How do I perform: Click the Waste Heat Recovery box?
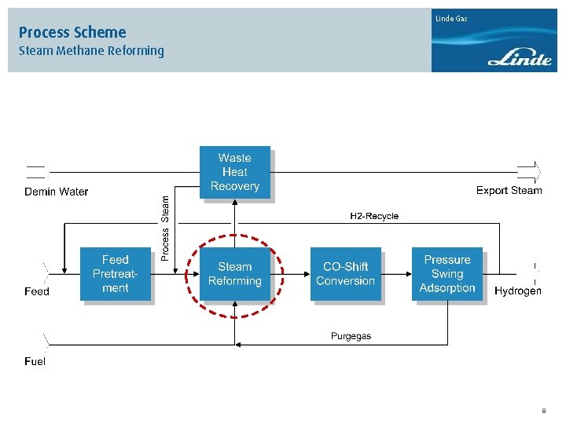tap(234, 172)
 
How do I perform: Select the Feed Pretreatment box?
tap(115, 274)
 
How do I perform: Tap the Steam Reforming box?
tap(234, 274)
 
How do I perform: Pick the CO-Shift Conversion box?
tap(346, 274)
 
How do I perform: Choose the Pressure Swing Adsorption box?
tap(447, 273)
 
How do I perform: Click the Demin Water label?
tap(57, 192)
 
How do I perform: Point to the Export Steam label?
tap(509, 190)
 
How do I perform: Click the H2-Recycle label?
tap(374, 216)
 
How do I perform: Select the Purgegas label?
tap(351, 336)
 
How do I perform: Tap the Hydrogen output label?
tap(517, 291)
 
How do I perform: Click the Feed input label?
tap(37, 291)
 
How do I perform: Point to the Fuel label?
tap(35, 362)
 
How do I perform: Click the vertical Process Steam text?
tap(165, 228)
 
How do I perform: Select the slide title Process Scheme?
tap(72, 32)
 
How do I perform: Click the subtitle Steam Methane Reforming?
tap(91, 51)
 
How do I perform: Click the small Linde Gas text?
tap(451, 18)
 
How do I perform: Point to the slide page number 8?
tap(543, 411)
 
